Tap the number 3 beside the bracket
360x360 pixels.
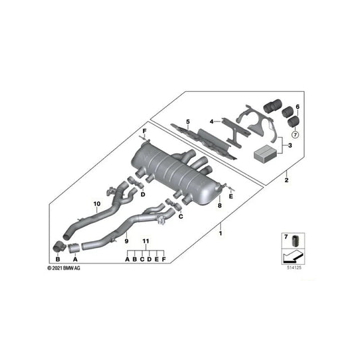(291, 145)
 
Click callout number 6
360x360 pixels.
(298, 107)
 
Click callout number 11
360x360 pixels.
(145, 241)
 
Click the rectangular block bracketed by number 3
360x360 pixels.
(265, 153)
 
